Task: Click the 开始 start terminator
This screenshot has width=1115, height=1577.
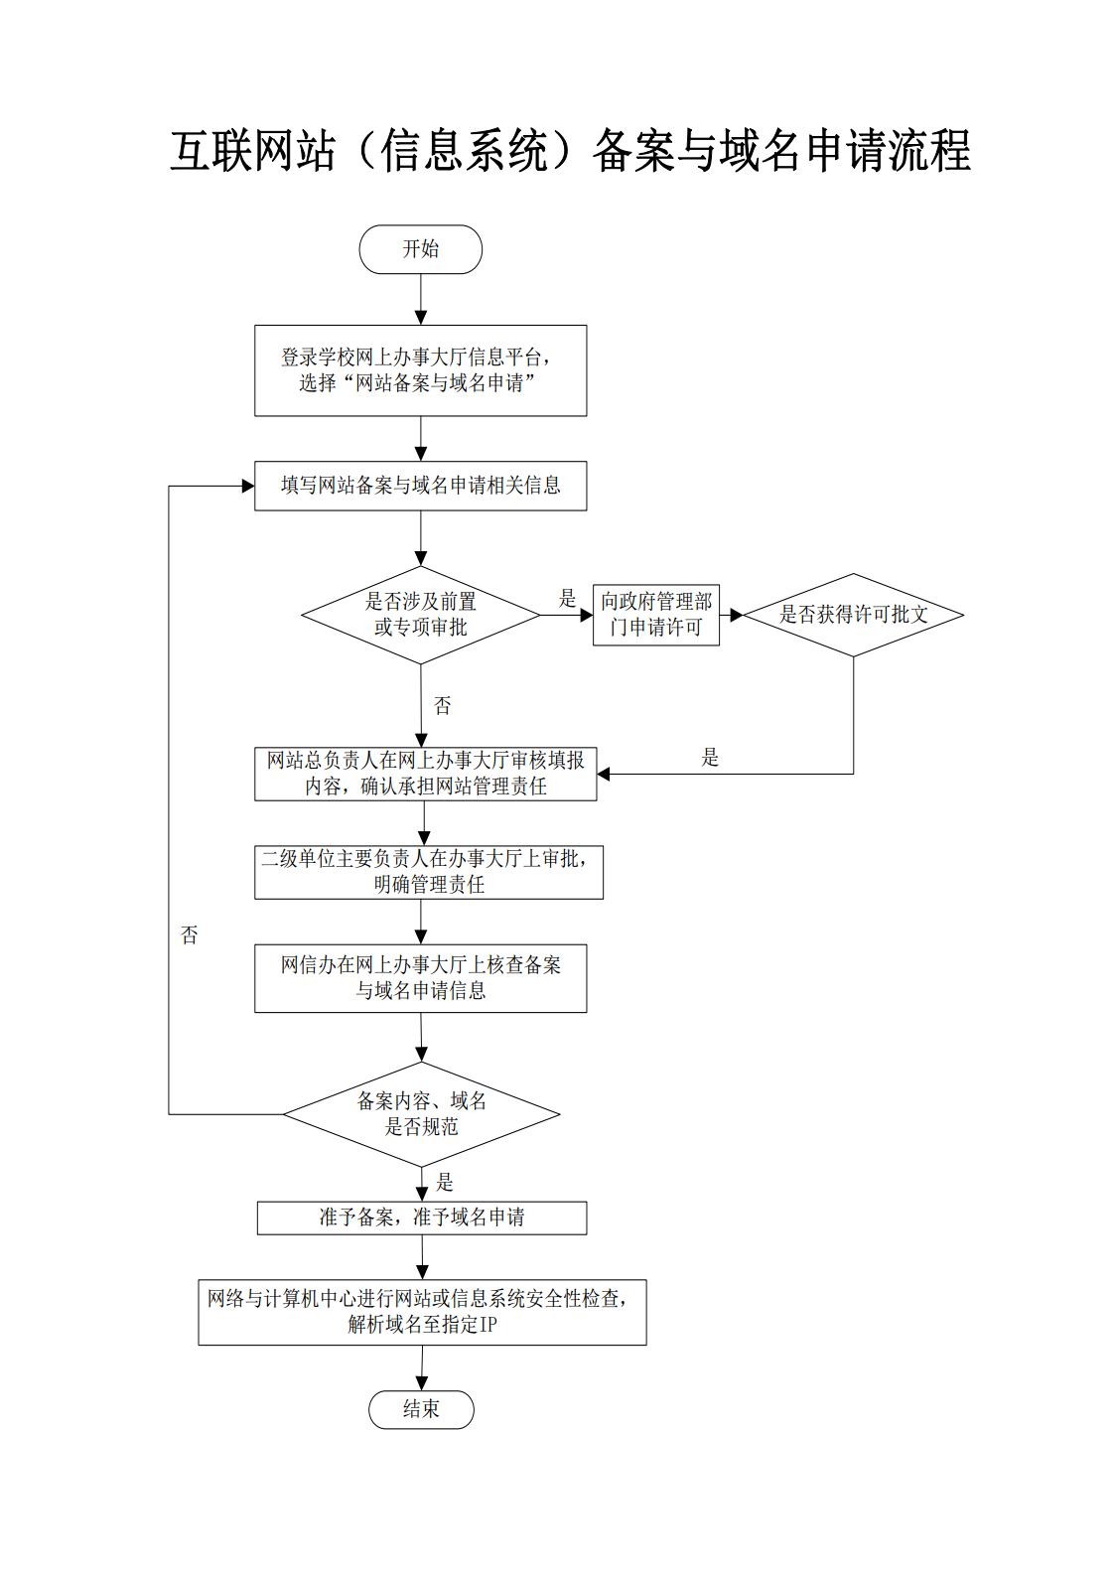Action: (x=420, y=249)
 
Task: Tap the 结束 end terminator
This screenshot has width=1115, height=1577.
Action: (x=421, y=1409)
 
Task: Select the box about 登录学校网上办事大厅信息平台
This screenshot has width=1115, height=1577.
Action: (x=420, y=370)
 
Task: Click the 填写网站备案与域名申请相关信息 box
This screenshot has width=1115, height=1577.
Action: (x=420, y=486)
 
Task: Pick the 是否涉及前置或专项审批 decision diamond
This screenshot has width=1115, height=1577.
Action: (x=420, y=615)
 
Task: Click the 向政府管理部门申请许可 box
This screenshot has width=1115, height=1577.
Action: (x=656, y=615)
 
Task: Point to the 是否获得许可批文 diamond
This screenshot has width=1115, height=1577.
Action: (x=853, y=615)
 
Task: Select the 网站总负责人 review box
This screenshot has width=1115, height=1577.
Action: (x=425, y=774)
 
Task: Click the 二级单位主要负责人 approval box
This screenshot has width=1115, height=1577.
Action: (x=429, y=872)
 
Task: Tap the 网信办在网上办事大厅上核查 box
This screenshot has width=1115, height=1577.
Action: (x=420, y=978)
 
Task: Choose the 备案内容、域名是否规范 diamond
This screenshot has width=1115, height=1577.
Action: (x=421, y=1114)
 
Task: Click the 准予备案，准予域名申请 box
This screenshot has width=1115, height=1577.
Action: (x=422, y=1218)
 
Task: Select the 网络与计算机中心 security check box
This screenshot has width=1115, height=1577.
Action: (x=422, y=1312)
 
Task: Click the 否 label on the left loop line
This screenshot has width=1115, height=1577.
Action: (x=190, y=934)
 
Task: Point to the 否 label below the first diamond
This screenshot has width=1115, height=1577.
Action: (x=442, y=705)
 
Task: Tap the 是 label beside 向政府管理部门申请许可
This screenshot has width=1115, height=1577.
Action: (x=567, y=599)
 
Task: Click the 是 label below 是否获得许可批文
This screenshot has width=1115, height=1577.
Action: (x=710, y=757)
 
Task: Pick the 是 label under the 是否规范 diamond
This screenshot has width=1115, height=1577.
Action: (x=444, y=1182)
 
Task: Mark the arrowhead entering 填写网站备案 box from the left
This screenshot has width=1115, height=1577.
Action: (x=248, y=486)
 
